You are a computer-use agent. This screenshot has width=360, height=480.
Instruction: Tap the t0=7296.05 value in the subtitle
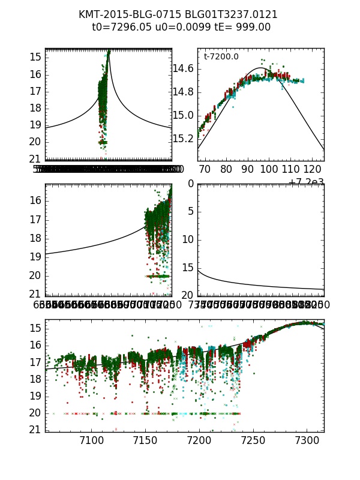(120, 27)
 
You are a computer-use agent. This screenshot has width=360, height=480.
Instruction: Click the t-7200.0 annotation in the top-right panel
(221, 56)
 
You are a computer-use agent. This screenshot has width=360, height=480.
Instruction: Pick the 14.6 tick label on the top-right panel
(183, 69)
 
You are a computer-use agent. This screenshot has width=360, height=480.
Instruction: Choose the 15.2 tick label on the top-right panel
(183, 139)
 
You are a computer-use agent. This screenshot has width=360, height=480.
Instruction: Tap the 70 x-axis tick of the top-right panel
(205, 169)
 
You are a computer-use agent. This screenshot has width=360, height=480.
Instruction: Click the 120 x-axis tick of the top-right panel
(313, 169)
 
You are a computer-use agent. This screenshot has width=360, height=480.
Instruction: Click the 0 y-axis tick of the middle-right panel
(190, 184)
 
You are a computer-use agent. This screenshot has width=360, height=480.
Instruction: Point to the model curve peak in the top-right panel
(262, 67)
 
